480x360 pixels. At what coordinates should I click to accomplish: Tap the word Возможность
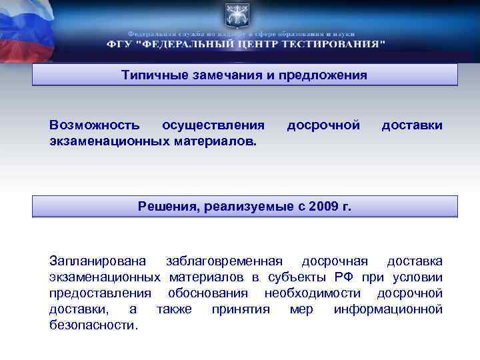(94, 125)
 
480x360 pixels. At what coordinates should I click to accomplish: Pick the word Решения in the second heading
(165, 207)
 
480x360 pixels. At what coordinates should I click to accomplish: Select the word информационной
(388, 309)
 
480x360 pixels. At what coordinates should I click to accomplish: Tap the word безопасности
(93, 326)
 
